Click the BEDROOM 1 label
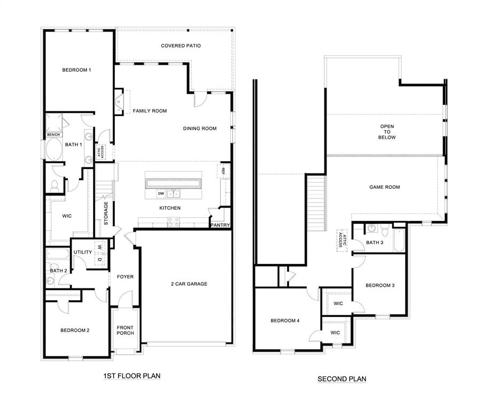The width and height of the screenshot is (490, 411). (x=76, y=70)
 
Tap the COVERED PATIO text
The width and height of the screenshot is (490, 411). (x=181, y=46)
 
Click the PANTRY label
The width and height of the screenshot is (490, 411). (x=220, y=225)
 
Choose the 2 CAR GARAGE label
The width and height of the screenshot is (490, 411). (x=189, y=284)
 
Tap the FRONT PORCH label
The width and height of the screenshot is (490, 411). (x=125, y=330)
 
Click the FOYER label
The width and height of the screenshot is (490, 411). (x=125, y=277)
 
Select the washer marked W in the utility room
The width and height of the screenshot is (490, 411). (x=99, y=247)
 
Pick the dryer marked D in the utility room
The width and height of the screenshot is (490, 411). (x=99, y=260)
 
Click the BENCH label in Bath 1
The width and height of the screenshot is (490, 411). (x=53, y=134)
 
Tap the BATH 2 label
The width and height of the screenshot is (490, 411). (x=58, y=271)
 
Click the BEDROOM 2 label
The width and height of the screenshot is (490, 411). (x=74, y=330)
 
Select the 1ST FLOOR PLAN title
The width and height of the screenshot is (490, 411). (x=131, y=376)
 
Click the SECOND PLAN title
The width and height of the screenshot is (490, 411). (x=342, y=379)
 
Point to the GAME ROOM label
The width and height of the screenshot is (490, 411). (x=384, y=187)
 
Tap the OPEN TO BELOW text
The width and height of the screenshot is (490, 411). (x=387, y=132)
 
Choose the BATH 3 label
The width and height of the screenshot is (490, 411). (x=375, y=242)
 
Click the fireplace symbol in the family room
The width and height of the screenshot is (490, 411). (x=119, y=102)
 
